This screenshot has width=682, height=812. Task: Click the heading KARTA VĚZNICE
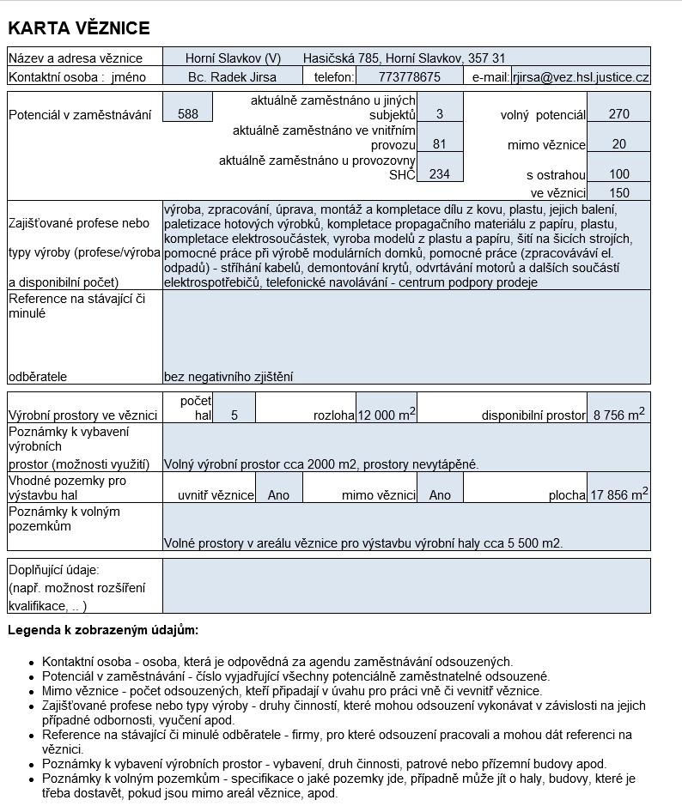[79, 28]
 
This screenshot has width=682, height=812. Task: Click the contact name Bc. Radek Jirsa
[232, 76]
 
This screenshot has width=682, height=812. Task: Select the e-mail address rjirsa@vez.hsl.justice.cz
[581, 76]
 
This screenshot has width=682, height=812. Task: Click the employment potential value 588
[187, 114]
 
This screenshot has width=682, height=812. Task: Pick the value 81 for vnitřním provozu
[440, 144]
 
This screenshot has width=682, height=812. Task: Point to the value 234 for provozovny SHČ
[440, 174]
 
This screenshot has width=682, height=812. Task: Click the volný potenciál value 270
[618, 114]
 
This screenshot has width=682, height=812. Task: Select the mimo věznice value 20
[618, 144]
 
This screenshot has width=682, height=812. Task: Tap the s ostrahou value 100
[618, 175]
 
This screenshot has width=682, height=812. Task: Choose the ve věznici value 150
[618, 193]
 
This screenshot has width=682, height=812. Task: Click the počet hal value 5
[234, 415]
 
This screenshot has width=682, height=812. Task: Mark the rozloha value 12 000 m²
[387, 415]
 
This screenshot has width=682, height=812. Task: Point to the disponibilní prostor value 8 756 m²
[618, 415]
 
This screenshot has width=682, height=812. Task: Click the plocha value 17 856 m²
[618, 494]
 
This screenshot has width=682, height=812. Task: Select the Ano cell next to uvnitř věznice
[278, 494]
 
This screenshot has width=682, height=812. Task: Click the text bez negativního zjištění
[228, 376]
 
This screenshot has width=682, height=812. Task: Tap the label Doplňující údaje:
[54, 569]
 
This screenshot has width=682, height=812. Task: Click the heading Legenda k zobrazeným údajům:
[103, 630]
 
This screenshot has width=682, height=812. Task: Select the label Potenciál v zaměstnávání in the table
[80, 114]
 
